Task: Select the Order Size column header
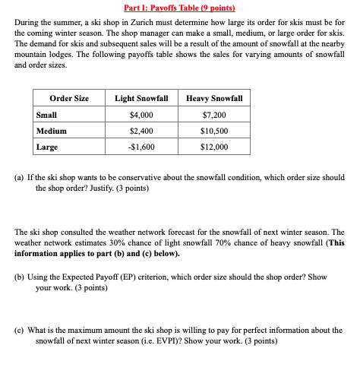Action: pos(69,98)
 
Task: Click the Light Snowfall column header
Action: pos(141,98)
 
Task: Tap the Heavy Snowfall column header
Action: pos(214,98)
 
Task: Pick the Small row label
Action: pos(46,114)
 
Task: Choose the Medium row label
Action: pos(51,130)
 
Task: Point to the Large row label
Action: pos(47,146)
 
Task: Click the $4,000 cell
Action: pos(141,114)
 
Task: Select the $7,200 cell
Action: pos(215,114)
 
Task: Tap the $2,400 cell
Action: pos(141,130)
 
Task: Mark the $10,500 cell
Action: pos(215,130)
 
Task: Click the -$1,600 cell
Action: pos(141,146)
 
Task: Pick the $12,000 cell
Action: pos(215,146)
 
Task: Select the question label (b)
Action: pos(21,278)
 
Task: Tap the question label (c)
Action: pos(21,331)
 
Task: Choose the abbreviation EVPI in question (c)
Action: pos(223,341)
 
